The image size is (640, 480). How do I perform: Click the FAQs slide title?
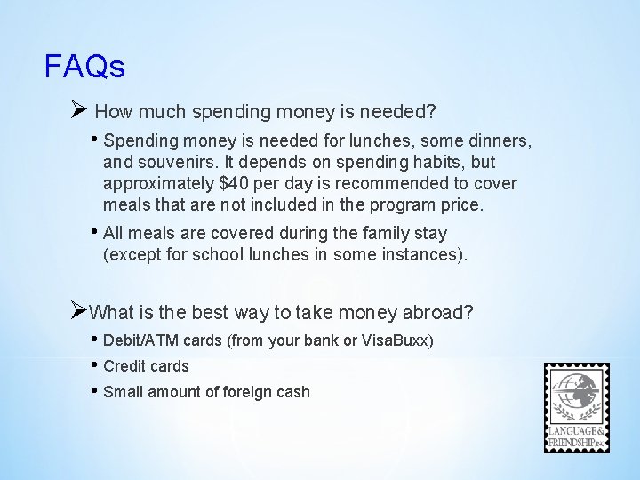tap(84, 66)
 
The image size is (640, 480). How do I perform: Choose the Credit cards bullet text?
tap(146, 365)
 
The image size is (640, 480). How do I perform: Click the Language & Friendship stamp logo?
tap(577, 408)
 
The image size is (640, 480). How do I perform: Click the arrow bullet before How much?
tap(77, 111)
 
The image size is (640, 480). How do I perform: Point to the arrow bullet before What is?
tap(77, 312)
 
